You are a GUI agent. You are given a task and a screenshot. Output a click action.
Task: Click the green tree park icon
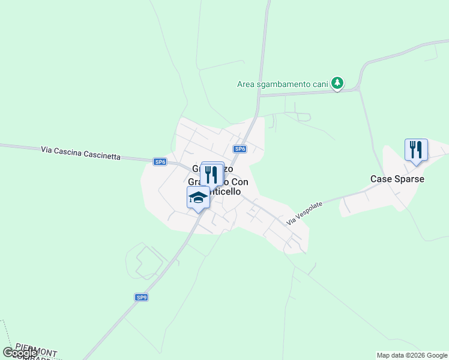tap(337, 83)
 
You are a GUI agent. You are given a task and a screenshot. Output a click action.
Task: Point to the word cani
tap(320, 84)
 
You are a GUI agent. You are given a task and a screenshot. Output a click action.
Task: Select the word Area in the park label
tap(246, 84)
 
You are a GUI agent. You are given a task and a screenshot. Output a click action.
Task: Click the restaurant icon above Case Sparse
tap(415, 150)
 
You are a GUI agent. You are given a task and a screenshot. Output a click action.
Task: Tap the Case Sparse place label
tap(397, 179)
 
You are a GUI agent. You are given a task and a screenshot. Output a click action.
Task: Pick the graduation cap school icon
tap(198, 197)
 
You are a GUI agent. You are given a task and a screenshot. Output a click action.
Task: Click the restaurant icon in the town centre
tap(211, 174)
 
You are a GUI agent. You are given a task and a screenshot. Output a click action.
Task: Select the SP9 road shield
tap(141, 297)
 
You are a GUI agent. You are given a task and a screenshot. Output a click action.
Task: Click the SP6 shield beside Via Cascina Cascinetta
tap(160, 161)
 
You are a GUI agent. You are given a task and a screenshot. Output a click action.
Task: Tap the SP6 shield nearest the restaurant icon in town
tap(240, 149)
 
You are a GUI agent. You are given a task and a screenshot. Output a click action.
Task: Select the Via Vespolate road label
tap(304, 213)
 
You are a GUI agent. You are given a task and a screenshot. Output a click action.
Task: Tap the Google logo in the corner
tap(20, 353)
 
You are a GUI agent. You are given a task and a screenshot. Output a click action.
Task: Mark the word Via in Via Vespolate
tap(291, 221)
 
